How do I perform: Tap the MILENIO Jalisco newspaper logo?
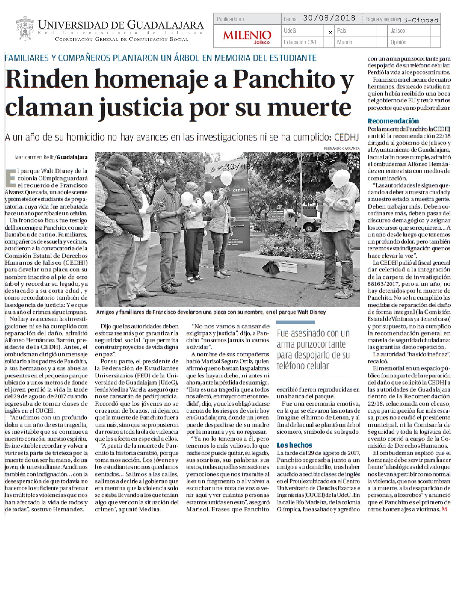coord(247,36)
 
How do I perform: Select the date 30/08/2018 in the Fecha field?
coord(329,18)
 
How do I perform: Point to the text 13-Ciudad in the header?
coord(418,20)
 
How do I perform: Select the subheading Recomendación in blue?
coord(393,121)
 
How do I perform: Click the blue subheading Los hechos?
coord(294,445)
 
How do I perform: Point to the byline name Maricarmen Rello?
coord(35,157)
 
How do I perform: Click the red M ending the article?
coord(444,509)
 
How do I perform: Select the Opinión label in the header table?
coord(398,42)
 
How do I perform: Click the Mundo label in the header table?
coord(345,42)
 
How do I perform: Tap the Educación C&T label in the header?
coord(300,42)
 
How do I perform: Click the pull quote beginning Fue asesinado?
coord(313,349)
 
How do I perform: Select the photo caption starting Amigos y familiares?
coord(210,312)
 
